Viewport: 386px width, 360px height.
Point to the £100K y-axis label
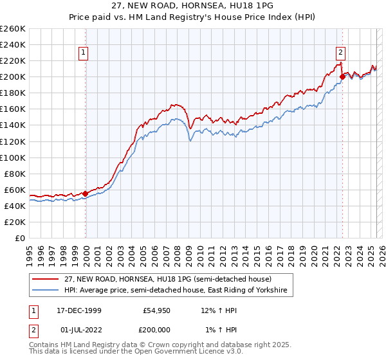click(x=13, y=157)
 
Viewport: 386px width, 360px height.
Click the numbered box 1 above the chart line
click(x=84, y=53)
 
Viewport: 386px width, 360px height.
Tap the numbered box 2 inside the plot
click(x=340, y=53)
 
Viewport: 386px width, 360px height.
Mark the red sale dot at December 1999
click(x=86, y=194)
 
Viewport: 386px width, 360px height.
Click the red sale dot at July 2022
click(x=342, y=77)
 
